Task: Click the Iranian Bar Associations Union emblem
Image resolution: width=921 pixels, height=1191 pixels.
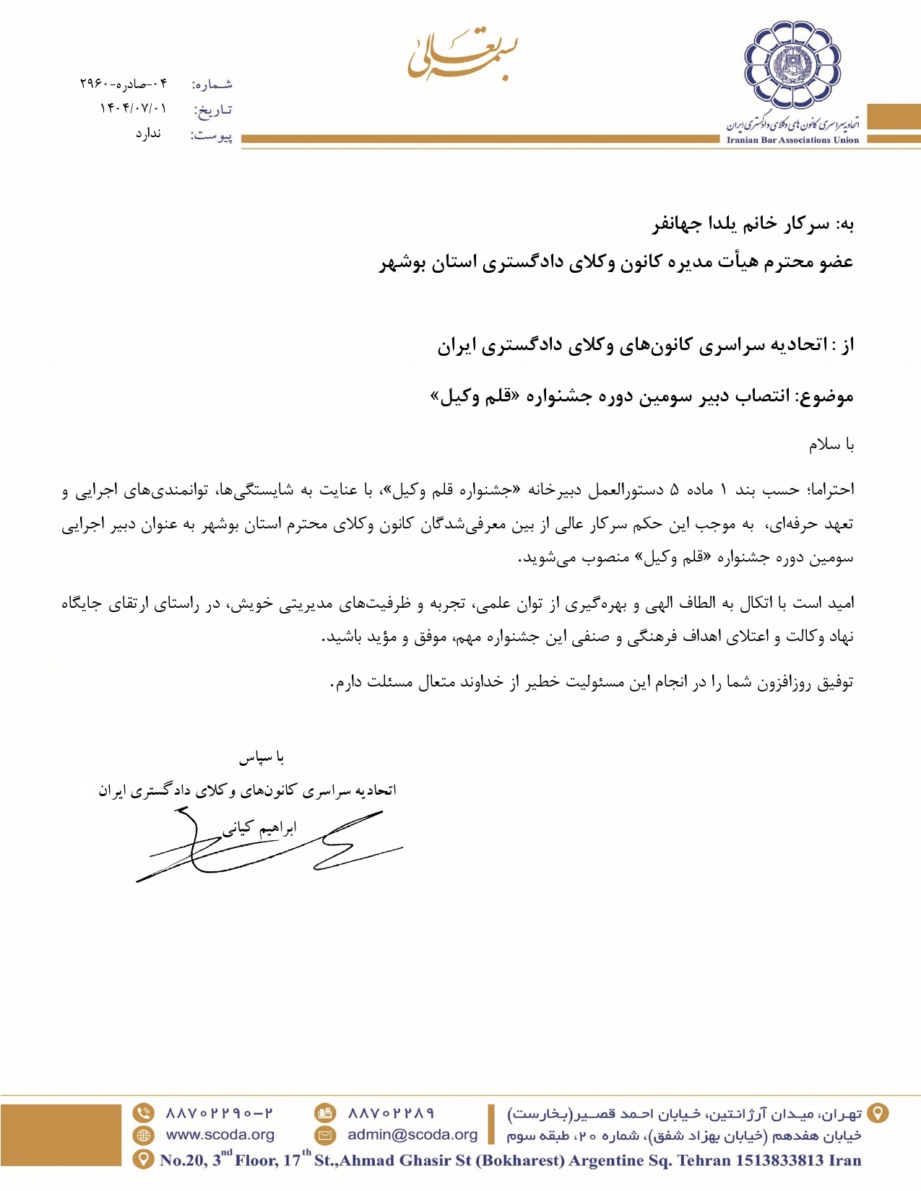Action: (792, 66)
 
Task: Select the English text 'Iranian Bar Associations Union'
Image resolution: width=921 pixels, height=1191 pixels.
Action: (792, 140)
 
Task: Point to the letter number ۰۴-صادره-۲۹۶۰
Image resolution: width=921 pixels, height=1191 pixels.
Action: (124, 84)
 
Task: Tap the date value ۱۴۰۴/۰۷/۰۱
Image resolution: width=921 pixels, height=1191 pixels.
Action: (133, 108)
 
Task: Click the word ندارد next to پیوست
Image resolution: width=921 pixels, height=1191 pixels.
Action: (148, 134)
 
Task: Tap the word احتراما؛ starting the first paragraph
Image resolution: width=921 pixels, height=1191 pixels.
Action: (829, 490)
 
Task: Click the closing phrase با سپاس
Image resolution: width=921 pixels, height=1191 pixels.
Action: (261, 757)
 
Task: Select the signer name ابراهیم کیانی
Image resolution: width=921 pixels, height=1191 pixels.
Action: (259, 827)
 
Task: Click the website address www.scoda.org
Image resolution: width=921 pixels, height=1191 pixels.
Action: (220, 1135)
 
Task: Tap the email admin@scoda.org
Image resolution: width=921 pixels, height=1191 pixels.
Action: (412, 1135)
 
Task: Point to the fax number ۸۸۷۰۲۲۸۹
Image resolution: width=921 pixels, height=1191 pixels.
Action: (391, 1113)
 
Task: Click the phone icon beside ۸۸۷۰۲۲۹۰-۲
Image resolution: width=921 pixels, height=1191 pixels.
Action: (144, 1113)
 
